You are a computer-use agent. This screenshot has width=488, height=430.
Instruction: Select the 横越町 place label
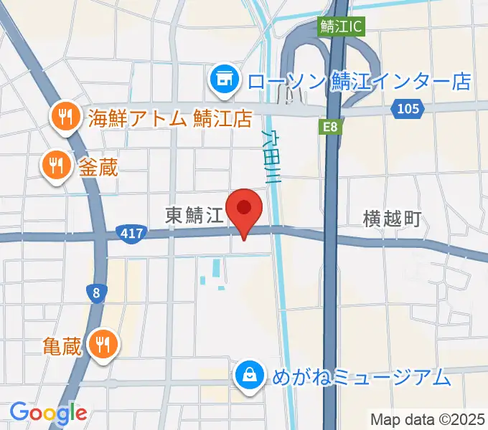pyautogui.click(x=392, y=219)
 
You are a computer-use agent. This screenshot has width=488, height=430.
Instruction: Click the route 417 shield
pyautogui.click(x=131, y=234)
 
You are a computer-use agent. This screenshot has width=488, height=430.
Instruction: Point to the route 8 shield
pyautogui.click(x=96, y=292)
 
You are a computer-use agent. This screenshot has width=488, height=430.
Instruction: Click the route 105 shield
pyautogui.click(x=408, y=108)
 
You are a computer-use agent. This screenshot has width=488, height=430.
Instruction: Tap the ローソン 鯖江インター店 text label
pyautogui.click(x=359, y=80)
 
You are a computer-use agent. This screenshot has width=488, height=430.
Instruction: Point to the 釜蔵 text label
pyautogui.click(x=97, y=167)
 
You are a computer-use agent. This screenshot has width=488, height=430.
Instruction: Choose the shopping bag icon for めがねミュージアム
pyautogui.click(x=249, y=375)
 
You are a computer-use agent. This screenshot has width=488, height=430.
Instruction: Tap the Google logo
pyautogui.click(x=47, y=413)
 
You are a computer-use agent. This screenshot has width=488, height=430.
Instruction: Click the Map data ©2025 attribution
pyautogui.click(x=428, y=419)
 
